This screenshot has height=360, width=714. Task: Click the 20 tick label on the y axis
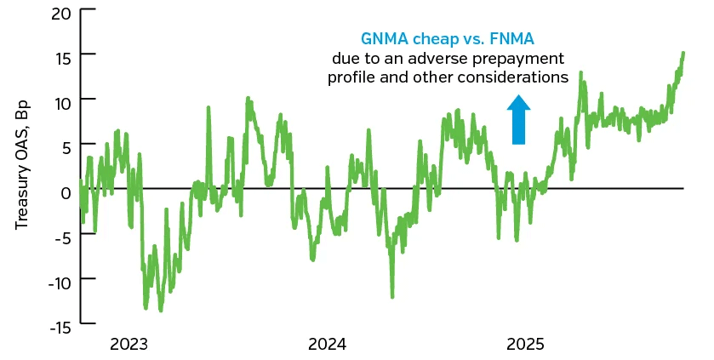pos(62,14)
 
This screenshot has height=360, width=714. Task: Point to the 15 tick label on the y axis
pos(63,54)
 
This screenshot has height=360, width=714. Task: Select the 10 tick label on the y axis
pos(62,100)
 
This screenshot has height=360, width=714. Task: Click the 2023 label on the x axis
pos(129,345)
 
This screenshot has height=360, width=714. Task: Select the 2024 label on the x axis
pos(328,345)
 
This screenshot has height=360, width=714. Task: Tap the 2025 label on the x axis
pos(526,345)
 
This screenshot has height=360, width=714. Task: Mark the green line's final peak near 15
pos(684,54)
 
